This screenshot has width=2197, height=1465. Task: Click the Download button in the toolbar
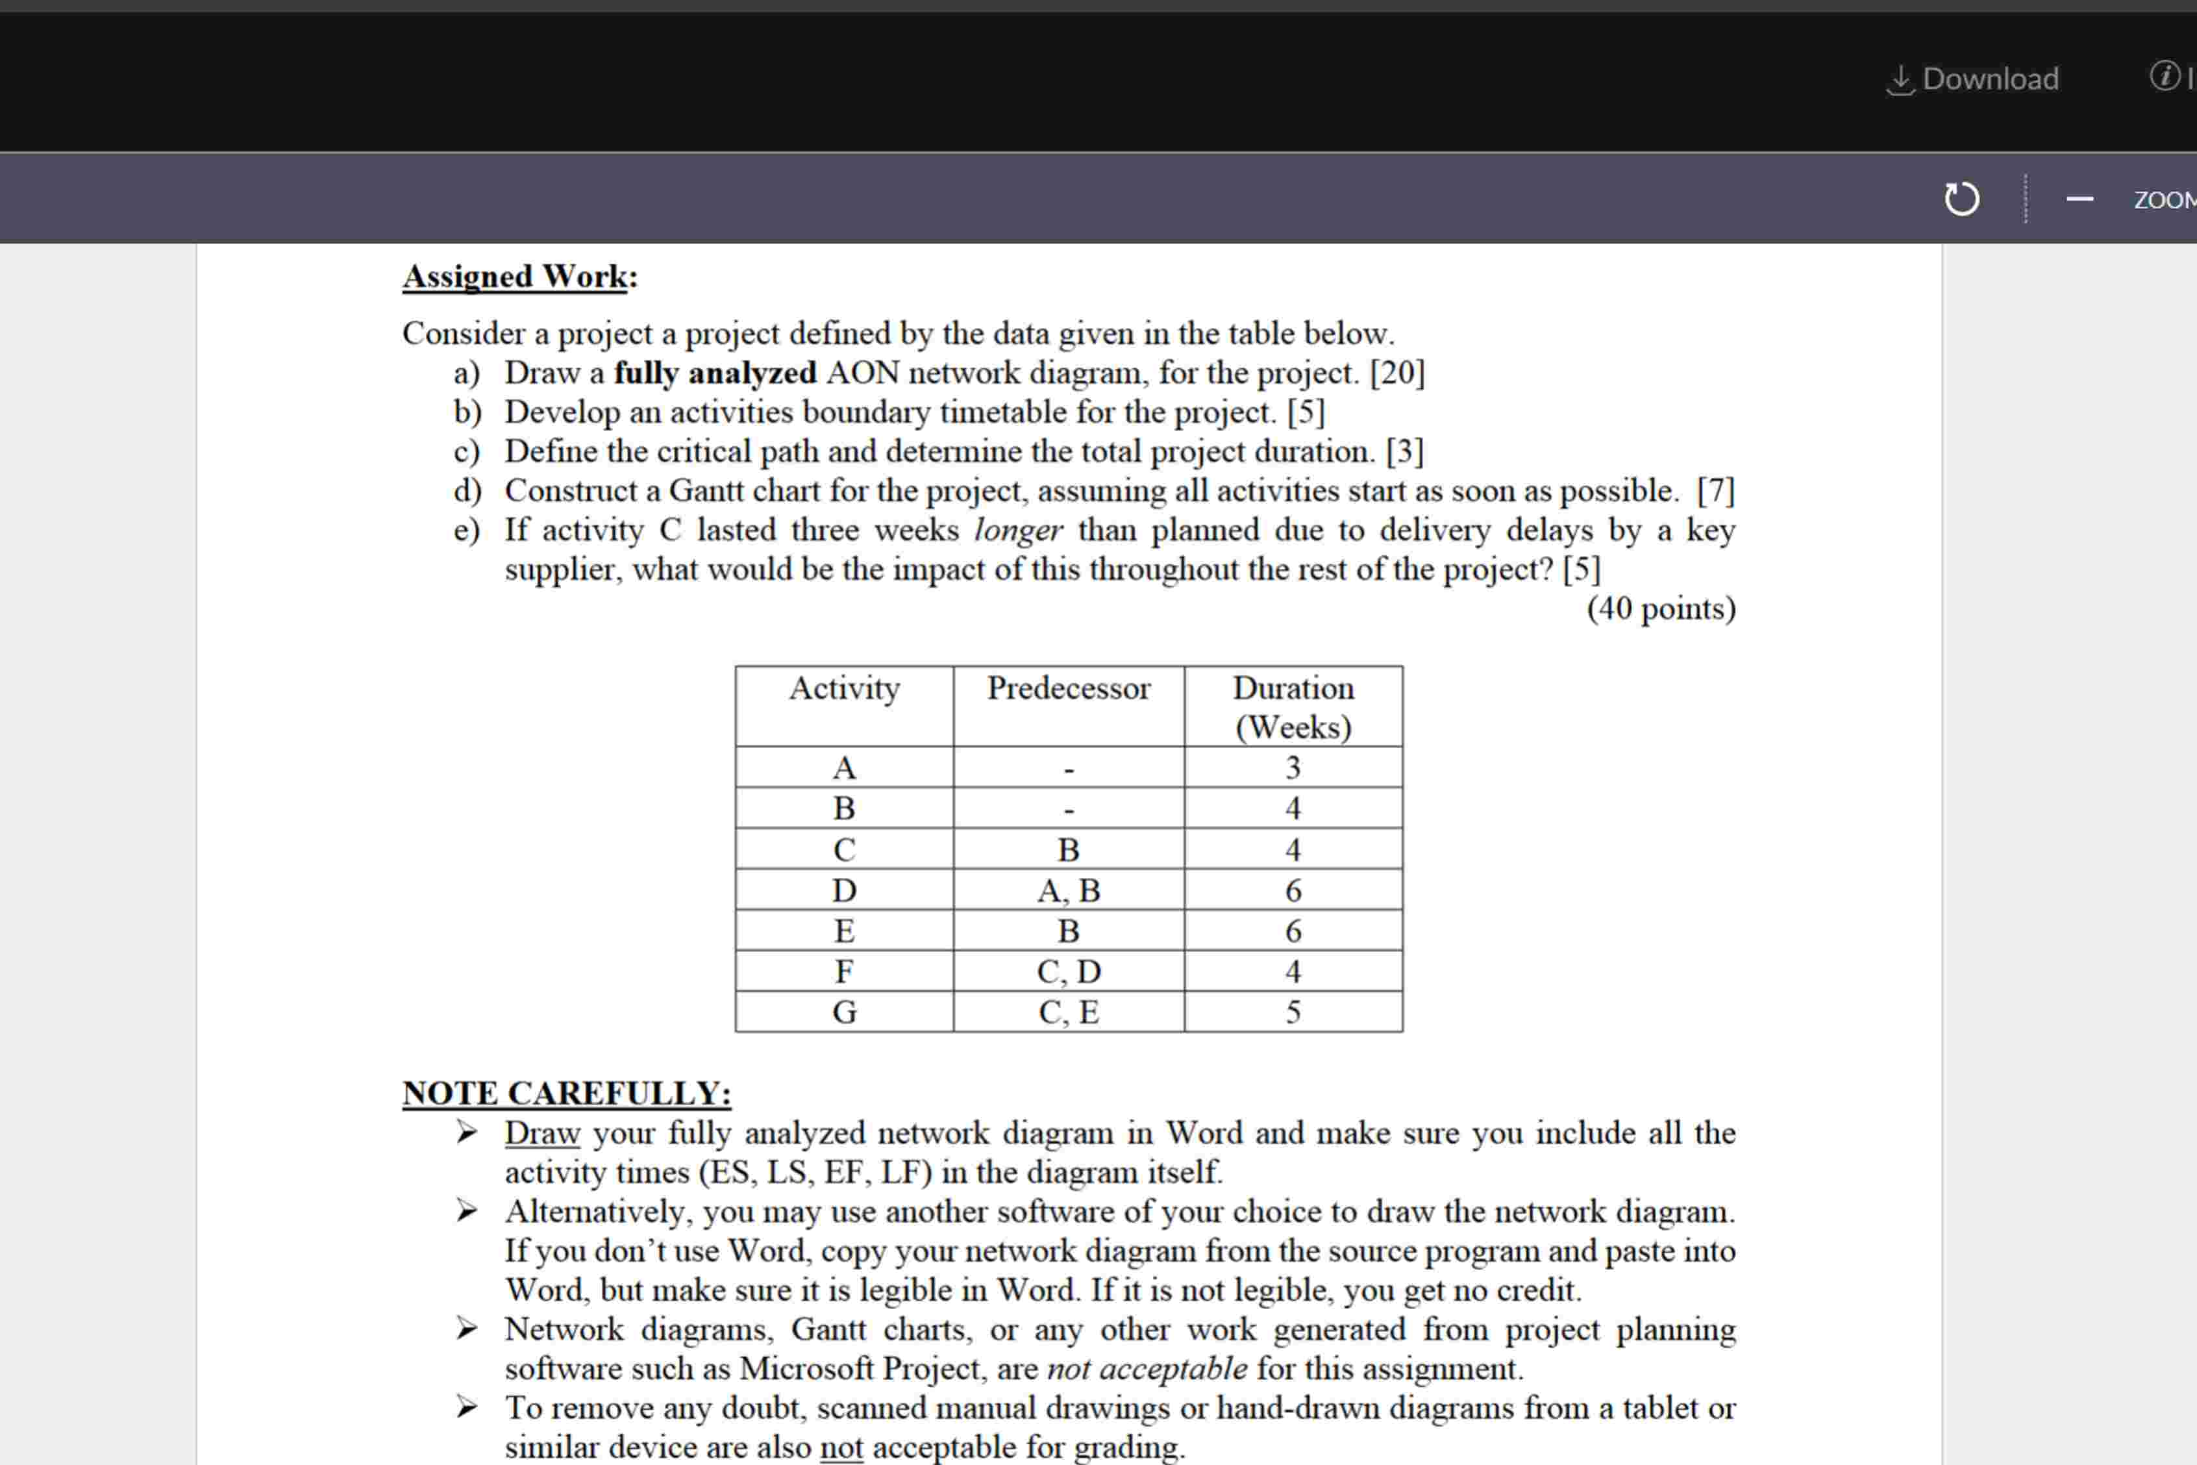1973,79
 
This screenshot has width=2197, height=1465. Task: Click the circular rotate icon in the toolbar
1961,199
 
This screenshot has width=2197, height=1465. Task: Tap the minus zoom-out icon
2079,199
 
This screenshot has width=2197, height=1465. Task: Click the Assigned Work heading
519,277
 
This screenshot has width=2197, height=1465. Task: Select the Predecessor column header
1069,688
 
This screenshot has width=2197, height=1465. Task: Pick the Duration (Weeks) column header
1293,707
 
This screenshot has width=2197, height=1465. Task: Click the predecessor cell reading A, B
1069,890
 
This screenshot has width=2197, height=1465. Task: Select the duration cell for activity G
1293,1012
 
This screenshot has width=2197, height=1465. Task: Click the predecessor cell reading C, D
1069,971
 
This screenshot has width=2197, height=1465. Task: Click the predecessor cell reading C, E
1069,1012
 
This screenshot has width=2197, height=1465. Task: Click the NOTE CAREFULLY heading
566,1093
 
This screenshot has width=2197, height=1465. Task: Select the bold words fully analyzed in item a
715,373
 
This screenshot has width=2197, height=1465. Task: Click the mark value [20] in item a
1396,373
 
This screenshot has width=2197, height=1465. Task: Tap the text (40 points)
1661,608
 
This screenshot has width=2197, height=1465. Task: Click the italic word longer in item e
1017,531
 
